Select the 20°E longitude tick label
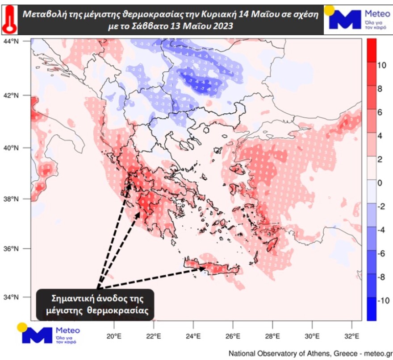tap(114, 336)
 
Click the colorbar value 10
tap(381, 66)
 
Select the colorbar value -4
tap(382, 230)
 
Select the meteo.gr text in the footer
tap(378, 353)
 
